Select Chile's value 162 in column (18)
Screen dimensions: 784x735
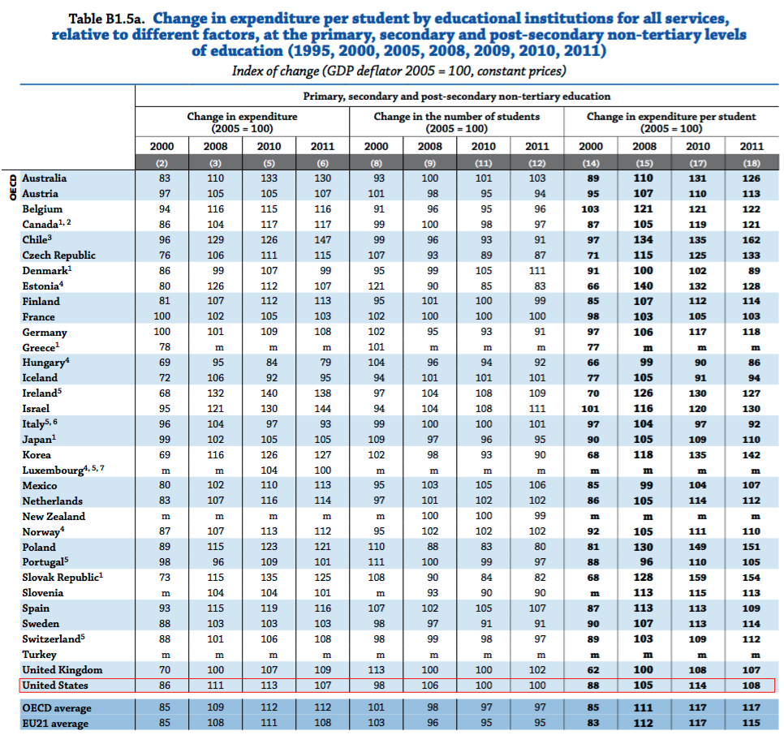[751, 240]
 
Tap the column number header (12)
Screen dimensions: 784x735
[537, 163]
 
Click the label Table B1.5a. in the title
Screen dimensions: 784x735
[107, 19]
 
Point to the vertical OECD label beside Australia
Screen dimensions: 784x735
[13, 187]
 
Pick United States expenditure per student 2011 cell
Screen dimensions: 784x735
[751, 686]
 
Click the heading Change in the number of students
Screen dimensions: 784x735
[456, 117]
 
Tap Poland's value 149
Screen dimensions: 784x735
[697, 547]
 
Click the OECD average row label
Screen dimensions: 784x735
[57, 708]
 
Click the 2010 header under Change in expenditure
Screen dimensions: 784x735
[269, 146]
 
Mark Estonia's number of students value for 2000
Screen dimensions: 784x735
[376, 286]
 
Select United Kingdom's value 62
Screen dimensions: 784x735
[593, 670]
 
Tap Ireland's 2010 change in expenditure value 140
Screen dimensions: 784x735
[269, 393]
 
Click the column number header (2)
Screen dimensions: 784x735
[162, 163]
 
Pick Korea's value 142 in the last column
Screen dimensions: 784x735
[751, 455]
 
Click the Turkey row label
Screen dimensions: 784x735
[39, 655]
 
